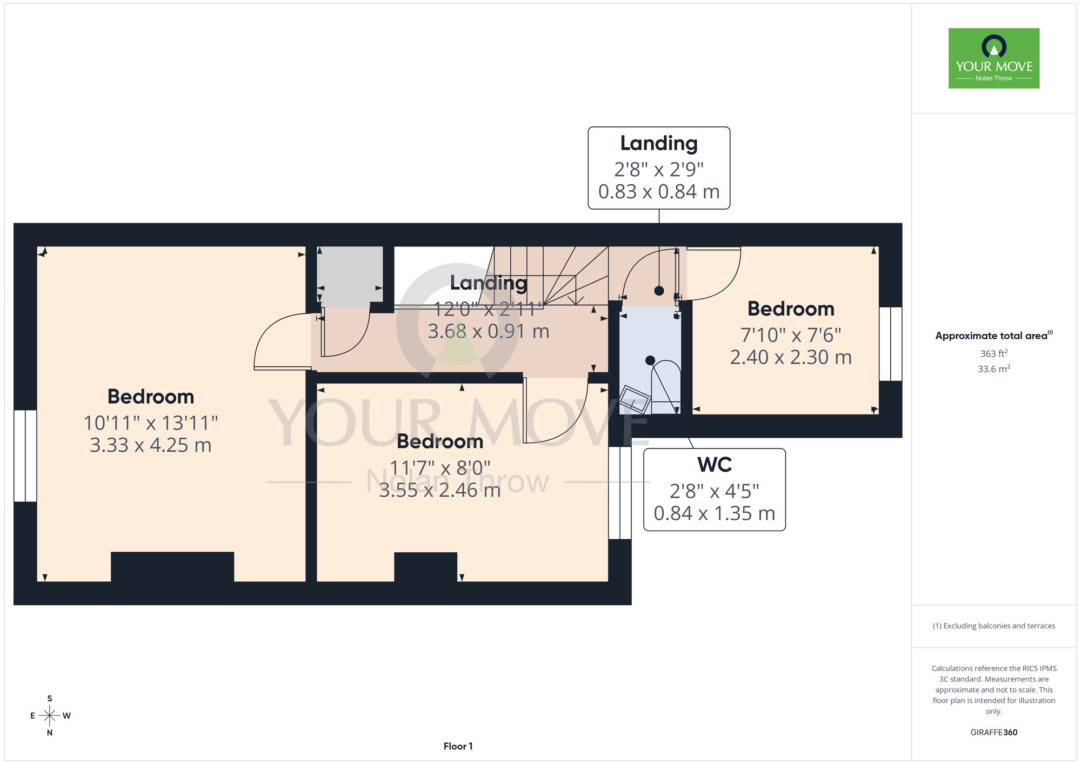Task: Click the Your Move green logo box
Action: coord(994,58)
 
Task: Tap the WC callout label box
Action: coord(715,490)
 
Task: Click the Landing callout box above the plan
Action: coord(659,168)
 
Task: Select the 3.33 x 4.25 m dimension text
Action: coord(151,445)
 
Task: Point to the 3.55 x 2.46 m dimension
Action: coord(440,490)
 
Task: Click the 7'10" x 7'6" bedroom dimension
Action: coord(791,335)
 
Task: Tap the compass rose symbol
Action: coord(50,716)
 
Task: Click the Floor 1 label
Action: coord(458,746)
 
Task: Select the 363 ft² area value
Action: coord(994,353)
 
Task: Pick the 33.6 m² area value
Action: coord(994,369)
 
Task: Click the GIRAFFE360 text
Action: coord(994,733)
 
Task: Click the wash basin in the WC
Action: coord(635,399)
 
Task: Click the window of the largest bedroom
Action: coord(25,456)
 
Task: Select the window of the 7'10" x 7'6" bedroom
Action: coord(891,344)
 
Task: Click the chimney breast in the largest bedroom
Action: coord(172,567)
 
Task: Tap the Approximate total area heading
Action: coord(994,336)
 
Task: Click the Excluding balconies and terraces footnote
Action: coord(994,626)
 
